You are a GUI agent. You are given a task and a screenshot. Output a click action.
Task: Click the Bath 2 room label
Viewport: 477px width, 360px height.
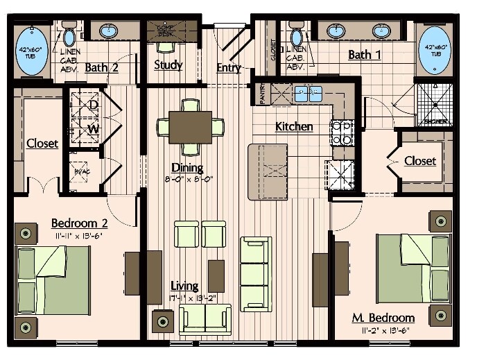[x=101, y=67]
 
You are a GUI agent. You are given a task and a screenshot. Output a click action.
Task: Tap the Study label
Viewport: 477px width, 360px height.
[x=168, y=65]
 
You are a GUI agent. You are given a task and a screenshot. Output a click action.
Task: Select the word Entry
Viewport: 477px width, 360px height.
[x=229, y=67]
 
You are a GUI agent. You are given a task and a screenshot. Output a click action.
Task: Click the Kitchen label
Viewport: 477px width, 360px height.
[x=293, y=127]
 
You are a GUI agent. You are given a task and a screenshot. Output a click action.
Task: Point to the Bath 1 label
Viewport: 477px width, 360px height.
[x=364, y=55]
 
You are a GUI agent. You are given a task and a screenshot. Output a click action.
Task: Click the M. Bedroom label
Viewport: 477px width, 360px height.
[x=383, y=318]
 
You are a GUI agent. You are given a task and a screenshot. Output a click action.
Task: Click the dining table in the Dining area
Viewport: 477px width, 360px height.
[x=191, y=127]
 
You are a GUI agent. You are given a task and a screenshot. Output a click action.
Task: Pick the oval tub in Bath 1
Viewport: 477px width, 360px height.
[x=435, y=50]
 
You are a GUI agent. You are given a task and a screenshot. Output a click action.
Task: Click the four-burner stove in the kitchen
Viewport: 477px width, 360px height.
[x=342, y=132]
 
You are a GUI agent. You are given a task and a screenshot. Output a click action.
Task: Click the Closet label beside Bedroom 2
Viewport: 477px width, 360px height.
[x=42, y=144]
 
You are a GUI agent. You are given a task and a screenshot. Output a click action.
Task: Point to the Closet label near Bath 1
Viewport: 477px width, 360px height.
[x=420, y=161]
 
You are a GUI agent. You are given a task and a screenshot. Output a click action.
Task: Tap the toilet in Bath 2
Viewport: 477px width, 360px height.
[x=69, y=35]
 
